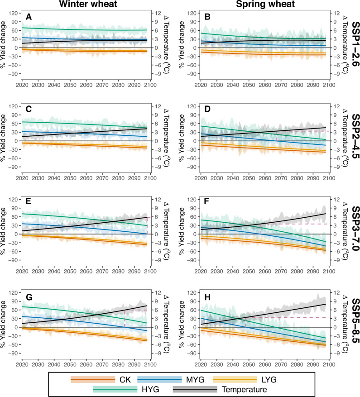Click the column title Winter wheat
click(x=88, y=5)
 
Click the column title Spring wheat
click(x=265, y=5)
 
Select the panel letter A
click(x=29, y=17)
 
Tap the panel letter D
click(x=207, y=109)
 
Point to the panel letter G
click(x=29, y=297)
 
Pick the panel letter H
click(x=207, y=297)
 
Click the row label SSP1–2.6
click(x=355, y=44)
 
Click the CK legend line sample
click(x=93, y=379)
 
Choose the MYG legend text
click(x=195, y=379)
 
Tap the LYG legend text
click(x=269, y=379)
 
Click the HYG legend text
click(x=150, y=389)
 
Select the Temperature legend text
click(x=244, y=389)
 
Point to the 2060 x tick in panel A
click(x=86, y=85)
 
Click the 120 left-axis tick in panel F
click(x=192, y=200)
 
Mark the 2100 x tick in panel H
click(x=329, y=364)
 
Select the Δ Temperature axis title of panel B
click(x=345, y=45)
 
